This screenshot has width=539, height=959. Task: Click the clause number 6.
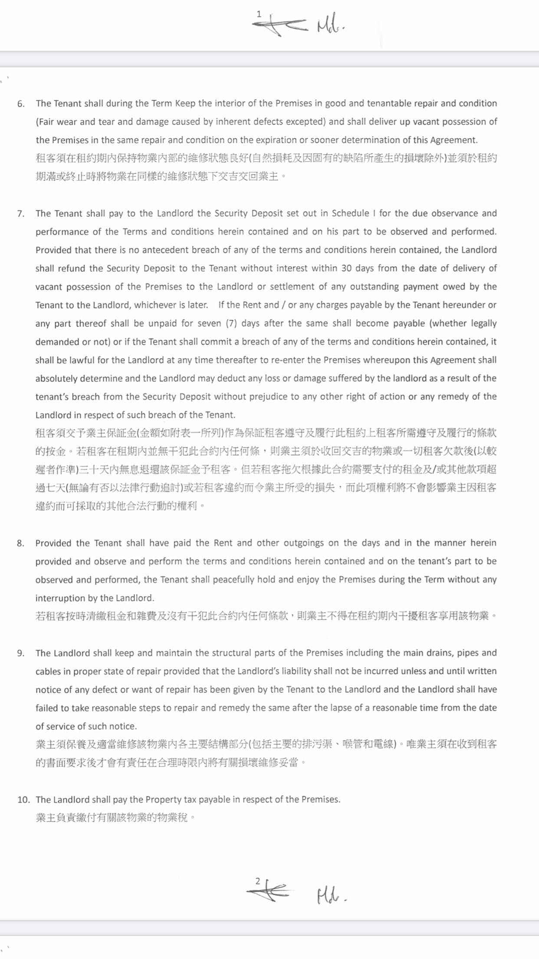click(x=21, y=104)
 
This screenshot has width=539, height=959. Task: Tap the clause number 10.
click(x=23, y=800)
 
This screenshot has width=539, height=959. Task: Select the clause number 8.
click(x=21, y=543)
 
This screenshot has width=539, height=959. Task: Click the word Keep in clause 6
click(x=185, y=104)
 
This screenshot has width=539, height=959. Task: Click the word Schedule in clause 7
click(x=351, y=213)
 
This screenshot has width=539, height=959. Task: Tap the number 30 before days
click(x=346, y=268)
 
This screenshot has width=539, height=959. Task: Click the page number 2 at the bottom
click(x=258, y=881)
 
